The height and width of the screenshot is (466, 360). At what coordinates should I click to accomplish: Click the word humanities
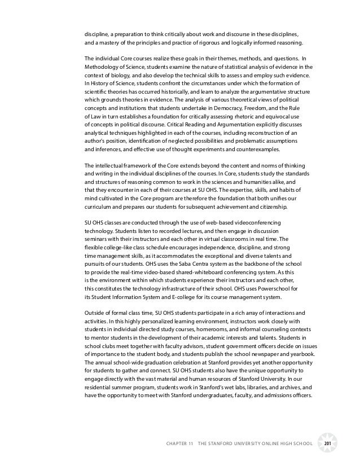tap(255, 182)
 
